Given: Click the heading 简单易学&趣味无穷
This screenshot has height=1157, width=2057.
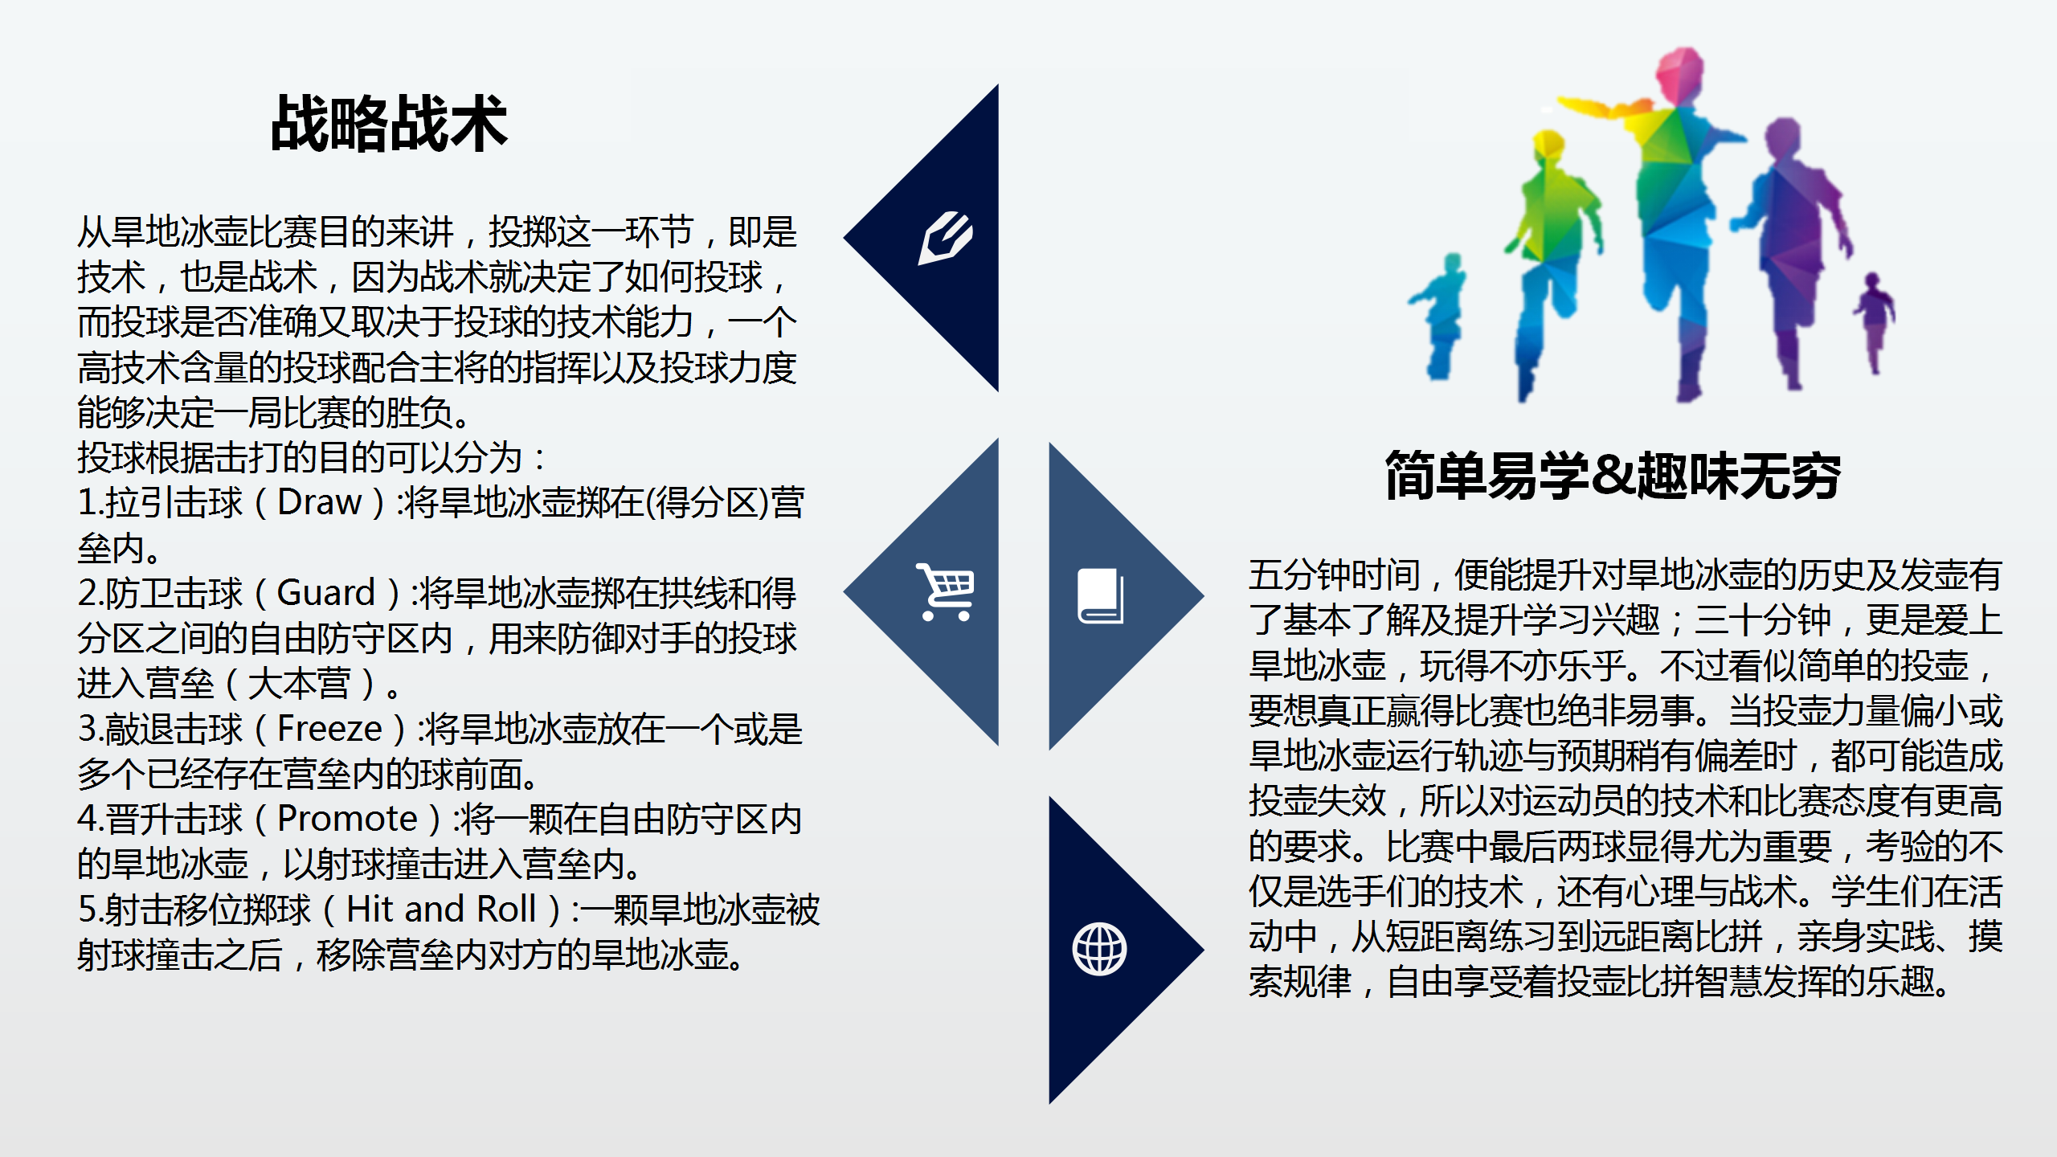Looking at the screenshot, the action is click(1613, 475).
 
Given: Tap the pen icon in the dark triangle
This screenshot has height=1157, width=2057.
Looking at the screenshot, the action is click(946, 238).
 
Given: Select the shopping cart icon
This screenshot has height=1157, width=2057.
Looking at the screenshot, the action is click(946, 592).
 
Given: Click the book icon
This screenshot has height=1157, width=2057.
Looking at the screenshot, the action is click(1100, 596).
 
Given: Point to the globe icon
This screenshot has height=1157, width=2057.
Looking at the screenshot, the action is click(1100, 949).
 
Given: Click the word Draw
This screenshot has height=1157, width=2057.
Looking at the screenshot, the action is click(319, 502).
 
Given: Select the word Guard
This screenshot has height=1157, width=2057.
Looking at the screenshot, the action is click(326, 593).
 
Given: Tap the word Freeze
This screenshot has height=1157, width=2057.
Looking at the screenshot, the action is click(329, 729).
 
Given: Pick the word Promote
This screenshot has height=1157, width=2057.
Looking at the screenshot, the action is click(347, 819).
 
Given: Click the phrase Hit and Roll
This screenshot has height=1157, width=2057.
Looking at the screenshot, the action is click(441, 910).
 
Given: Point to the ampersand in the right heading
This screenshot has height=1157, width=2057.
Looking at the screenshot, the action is click(1613, 475).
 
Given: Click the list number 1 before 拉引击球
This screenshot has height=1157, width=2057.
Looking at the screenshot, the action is click(88, 503).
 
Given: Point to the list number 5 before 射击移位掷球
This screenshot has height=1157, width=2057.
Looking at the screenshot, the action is click(88, 910).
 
